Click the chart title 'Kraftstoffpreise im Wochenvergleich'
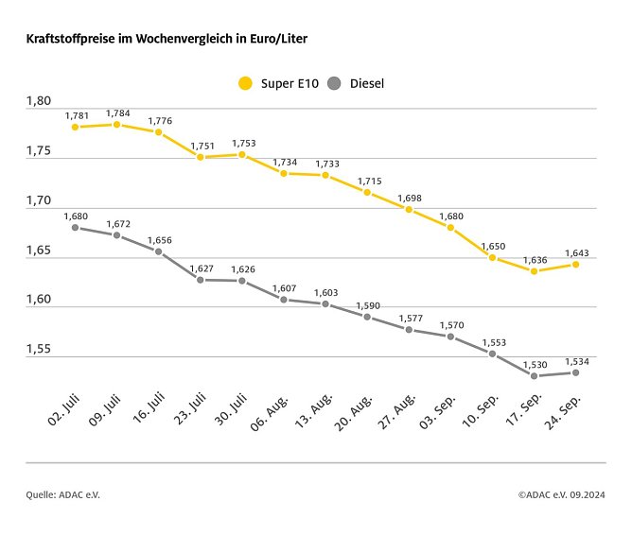[166, 40]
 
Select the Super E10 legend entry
[279, 83]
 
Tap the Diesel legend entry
[355, 83]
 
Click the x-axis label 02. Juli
[61, 408]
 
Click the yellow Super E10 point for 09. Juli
[116, 125]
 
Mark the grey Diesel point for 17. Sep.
[534, 376]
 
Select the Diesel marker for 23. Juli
[200, 280]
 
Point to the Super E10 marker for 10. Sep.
[492, 257]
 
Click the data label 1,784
[118, 113]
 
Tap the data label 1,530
[535, 365]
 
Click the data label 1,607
[285, 288]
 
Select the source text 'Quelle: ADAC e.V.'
[62, 494]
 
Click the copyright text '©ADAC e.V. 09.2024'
[562, 494]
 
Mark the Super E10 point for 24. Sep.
[575, 265]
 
